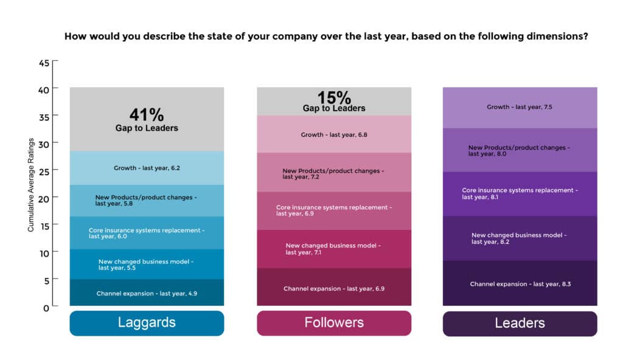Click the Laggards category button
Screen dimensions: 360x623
[147, 323]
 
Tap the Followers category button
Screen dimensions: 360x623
[333, 323]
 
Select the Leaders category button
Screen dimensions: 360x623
[520, 323]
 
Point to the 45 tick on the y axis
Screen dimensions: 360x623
[44, 63]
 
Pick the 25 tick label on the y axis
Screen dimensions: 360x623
[44, 171]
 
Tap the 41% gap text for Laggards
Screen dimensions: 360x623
[147, 115]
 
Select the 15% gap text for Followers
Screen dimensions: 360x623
[334, 97]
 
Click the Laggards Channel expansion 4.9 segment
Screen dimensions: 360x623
[147, 293]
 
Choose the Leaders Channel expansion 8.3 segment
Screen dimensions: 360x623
[520, 284]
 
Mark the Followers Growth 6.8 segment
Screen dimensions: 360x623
[334, 134]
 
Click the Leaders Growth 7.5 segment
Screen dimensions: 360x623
[520, 108]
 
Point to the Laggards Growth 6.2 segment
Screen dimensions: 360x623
[147, 168]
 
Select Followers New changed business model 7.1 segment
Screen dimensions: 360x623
[334, 249]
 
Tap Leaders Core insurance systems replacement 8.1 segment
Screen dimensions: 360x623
[520, 193]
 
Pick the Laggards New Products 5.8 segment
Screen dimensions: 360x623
[147, 200]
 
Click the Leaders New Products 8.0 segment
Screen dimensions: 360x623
[520, 150]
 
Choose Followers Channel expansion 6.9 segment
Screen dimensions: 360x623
[334, 288]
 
